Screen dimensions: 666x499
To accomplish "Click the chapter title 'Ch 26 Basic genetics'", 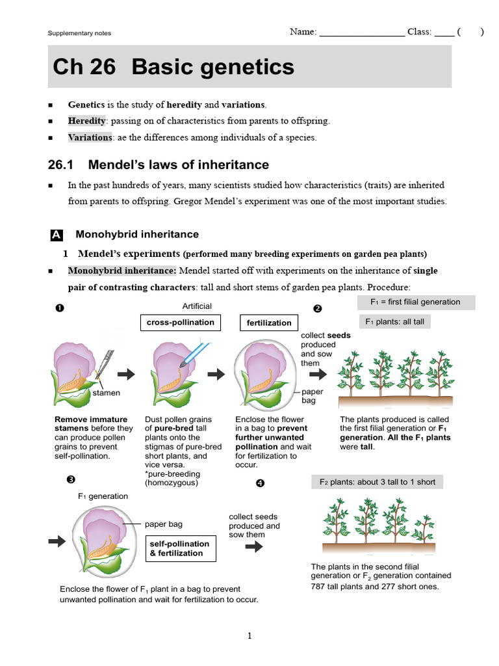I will [x=173, y=67].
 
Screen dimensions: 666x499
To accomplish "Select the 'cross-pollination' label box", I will [x=181, y=322].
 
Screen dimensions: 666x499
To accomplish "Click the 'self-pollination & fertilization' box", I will [x=179, y=549].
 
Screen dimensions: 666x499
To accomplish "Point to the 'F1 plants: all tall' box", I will [x=395, y=322].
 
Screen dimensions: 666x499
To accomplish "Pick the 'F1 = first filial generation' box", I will [x=416, y=302].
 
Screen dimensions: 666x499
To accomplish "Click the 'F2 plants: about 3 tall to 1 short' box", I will [x=377, y=482].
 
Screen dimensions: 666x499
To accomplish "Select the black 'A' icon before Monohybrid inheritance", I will [x=56, y=235].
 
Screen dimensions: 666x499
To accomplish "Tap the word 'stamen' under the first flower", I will [x=106, y=393].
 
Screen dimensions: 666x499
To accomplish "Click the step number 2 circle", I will [x=318, y=308].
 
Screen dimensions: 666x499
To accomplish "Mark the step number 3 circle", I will [x=71, y=480].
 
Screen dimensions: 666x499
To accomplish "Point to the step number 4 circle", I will [x=261, y=483].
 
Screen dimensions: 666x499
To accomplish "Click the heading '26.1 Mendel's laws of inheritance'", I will [x=159, y=165].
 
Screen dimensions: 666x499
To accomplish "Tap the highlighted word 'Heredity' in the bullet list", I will [x=86, y=121].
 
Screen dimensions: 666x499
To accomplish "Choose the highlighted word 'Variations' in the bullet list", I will [x=90, y=137].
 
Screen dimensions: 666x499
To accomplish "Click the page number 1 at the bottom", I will [x=249, y=636].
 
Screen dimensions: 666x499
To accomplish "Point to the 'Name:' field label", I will [x=303, y=32].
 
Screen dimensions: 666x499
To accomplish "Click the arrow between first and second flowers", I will [x=126, y=374].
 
